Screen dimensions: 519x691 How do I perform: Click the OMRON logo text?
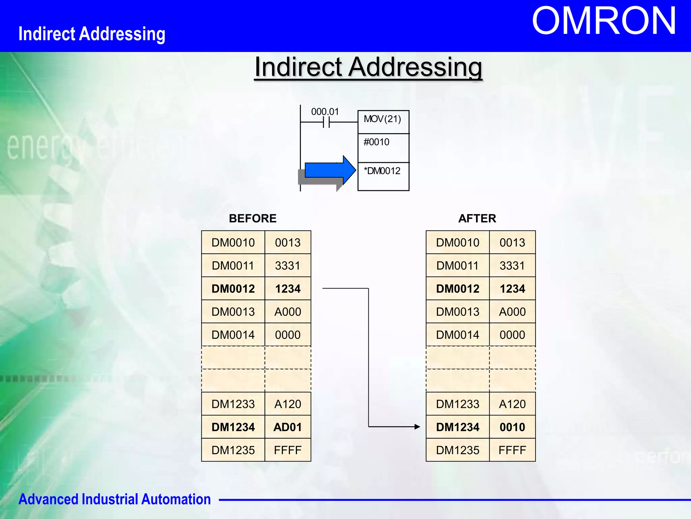point(604,21)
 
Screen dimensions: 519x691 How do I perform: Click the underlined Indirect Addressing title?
point(368,67)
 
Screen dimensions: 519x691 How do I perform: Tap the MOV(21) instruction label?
point(382,119)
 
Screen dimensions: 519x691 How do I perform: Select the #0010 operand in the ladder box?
point(376,142)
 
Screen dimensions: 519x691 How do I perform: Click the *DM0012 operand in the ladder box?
point(382,171)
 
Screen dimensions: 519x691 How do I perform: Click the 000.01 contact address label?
point(325,112)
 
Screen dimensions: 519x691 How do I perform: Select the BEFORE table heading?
point(252,218)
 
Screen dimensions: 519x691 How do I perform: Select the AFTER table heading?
point(477,218)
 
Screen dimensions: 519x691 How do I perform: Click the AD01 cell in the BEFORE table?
point(287,427)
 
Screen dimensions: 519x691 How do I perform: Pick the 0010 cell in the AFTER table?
point(512,427)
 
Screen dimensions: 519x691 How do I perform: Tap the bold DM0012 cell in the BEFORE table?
point(233,289)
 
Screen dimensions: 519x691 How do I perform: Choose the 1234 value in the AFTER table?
point(512,289)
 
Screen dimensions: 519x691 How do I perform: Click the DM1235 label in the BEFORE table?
point(233,450)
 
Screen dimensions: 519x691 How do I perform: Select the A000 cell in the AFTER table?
point(512,312)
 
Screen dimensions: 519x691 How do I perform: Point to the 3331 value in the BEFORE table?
point(287,266)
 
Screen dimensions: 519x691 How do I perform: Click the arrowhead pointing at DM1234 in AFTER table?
point(417,427)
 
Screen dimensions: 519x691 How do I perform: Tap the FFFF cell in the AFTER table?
point(512,450)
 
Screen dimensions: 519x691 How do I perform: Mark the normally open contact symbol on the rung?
point(326,122)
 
